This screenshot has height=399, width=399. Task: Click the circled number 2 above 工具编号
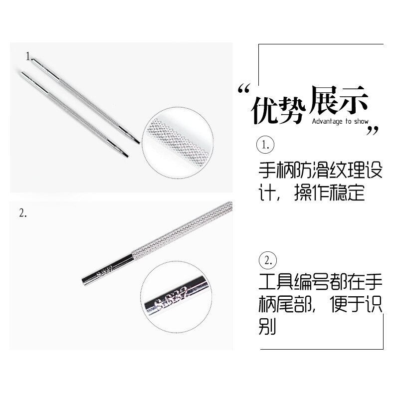(267, 260)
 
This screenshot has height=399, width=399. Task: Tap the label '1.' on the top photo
(29, 56)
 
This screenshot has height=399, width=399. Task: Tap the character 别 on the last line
(268, 327)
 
